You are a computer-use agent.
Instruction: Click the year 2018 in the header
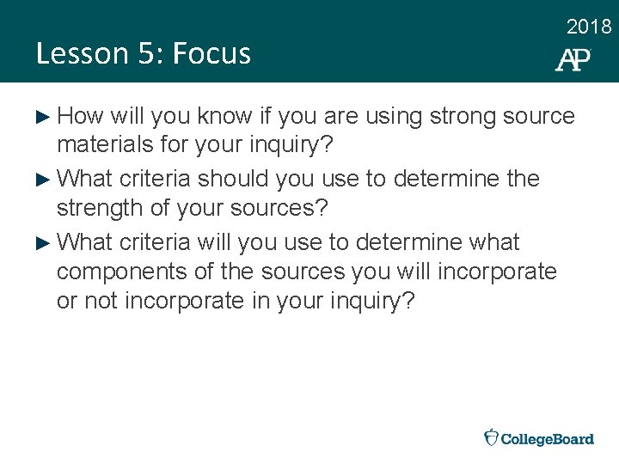tap(589, 27)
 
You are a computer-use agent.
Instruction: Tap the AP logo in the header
tap(573, 58)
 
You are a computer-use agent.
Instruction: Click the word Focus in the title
tap(211, 53)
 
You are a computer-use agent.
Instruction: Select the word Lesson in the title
tap(81, 53)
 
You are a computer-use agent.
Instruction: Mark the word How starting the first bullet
tap(83, 116)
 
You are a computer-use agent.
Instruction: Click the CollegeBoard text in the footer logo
tap(547, 439)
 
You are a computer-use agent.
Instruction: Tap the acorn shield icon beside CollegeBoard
tap(490, 437)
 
